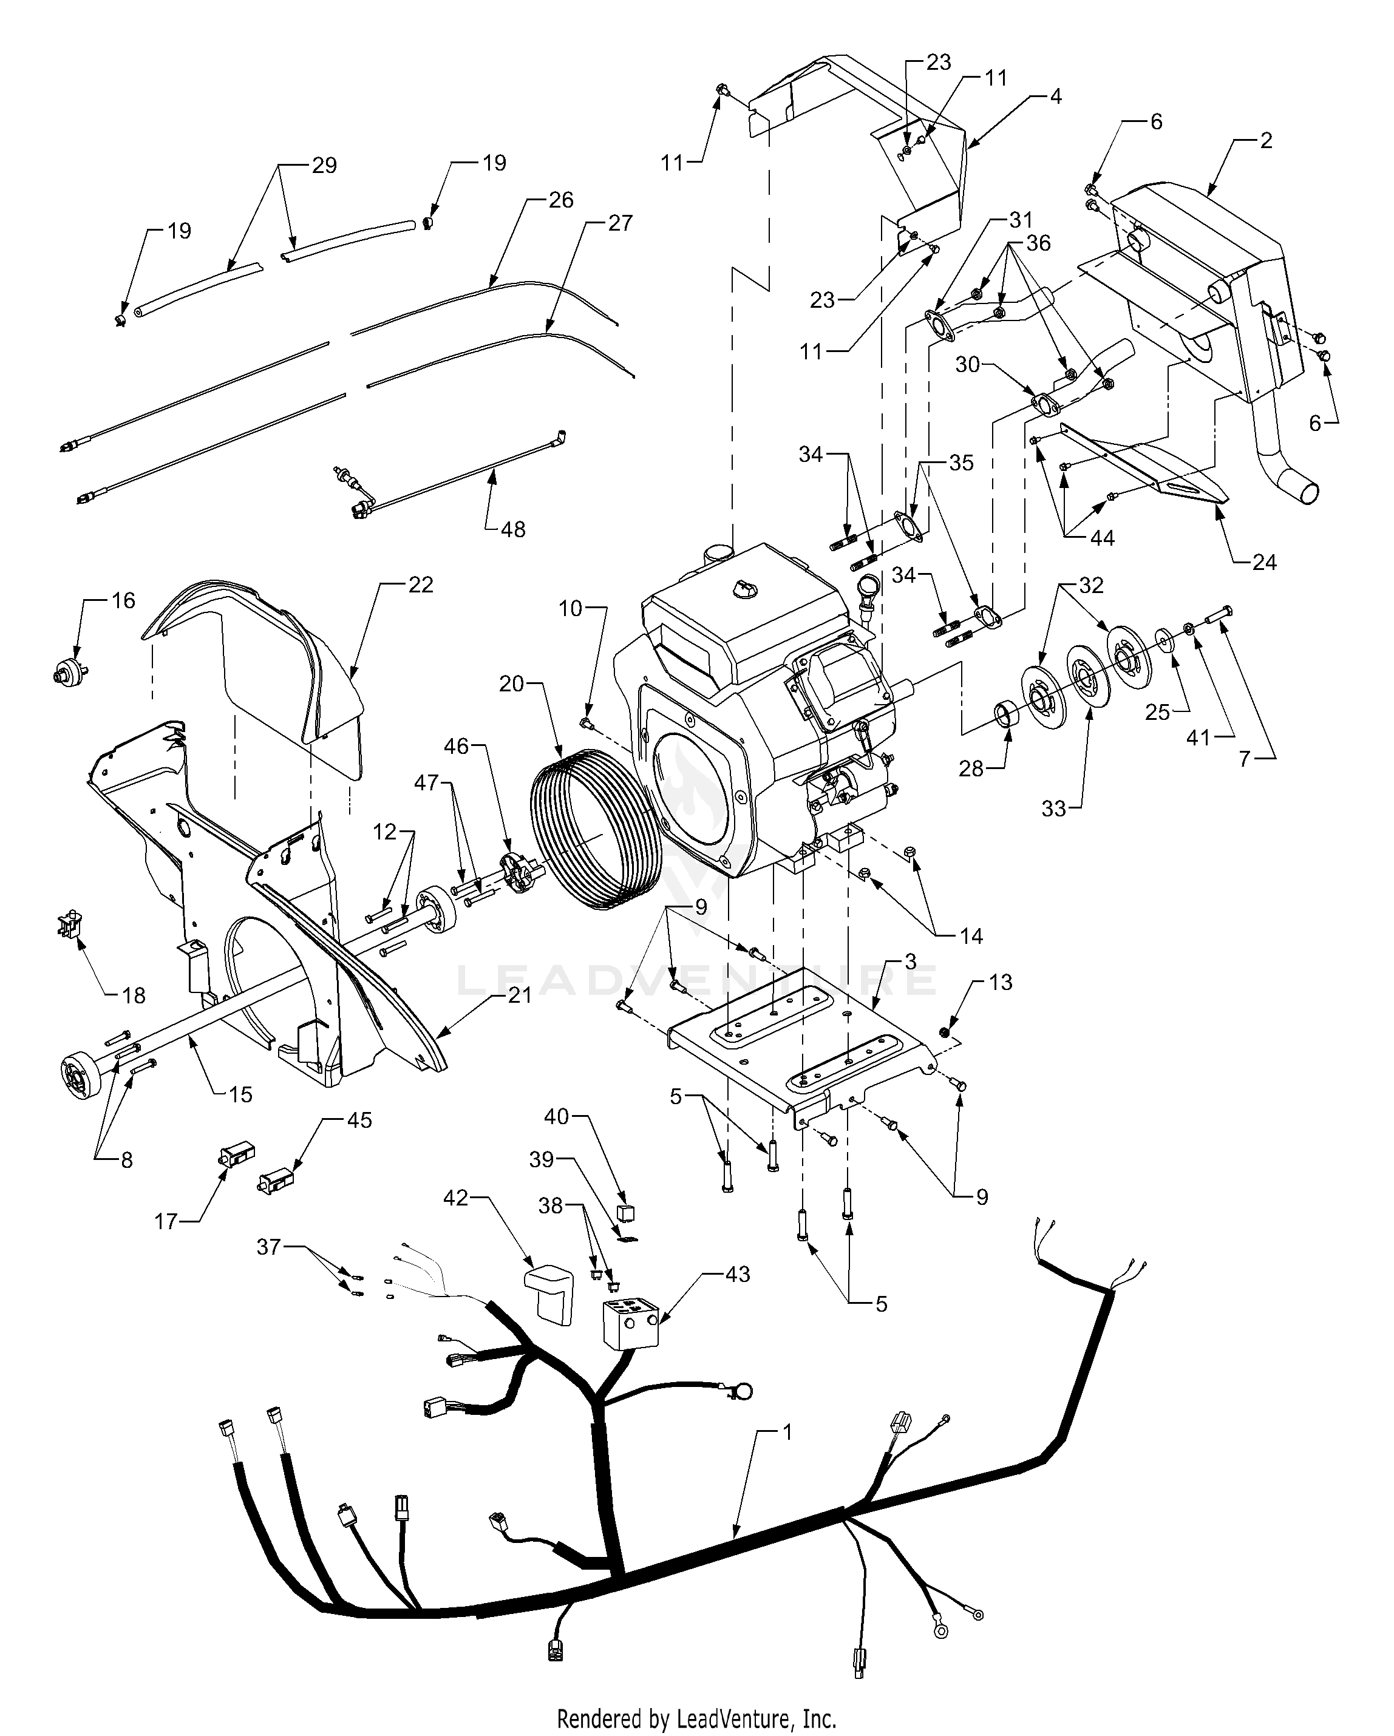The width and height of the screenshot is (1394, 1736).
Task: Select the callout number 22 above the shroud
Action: [x=420, y=585]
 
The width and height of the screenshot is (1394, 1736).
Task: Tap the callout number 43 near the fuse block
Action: [x=738, y=1275]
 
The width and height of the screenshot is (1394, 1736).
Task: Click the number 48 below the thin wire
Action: [x=513, y=530]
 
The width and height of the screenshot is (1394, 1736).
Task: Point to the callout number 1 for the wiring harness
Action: [x=787, y=1433]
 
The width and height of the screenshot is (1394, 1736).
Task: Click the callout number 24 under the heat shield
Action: [x=1264, y=562]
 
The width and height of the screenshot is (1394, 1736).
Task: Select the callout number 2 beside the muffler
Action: [x=1266, y=140]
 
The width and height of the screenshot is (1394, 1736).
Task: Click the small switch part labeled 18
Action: [x=70, y=924]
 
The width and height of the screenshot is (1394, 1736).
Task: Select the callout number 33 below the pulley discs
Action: [x=1053, y=809]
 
